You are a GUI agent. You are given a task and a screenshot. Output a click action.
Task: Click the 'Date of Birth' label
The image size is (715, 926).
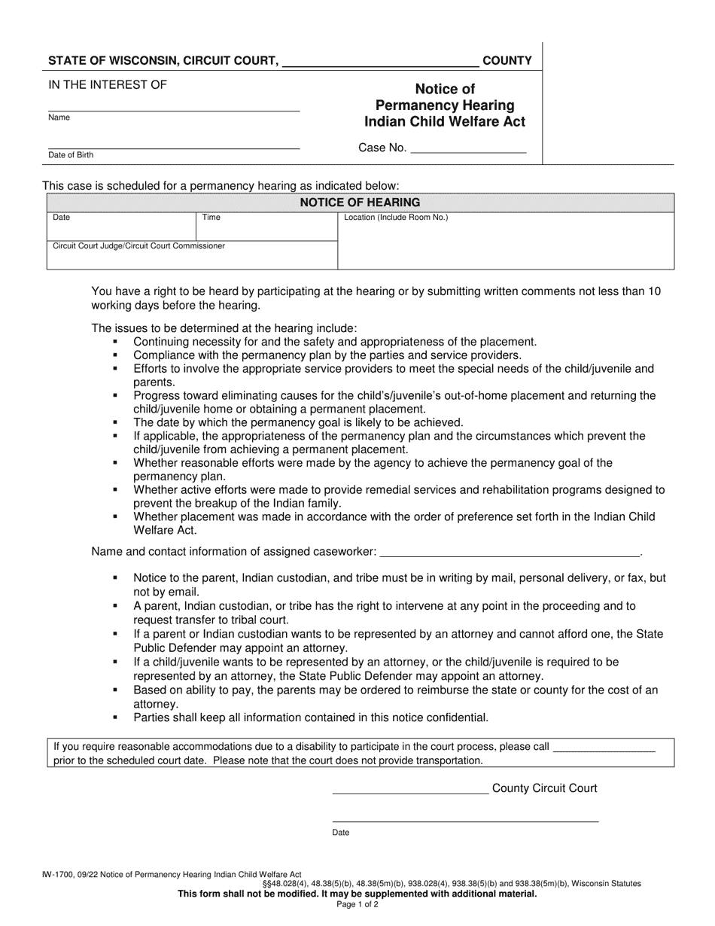pos(71,155)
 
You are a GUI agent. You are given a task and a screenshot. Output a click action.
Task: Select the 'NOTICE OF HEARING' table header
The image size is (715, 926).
pos(360,203)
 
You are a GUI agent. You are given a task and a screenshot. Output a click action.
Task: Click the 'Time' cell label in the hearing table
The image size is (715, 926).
pos(211,218)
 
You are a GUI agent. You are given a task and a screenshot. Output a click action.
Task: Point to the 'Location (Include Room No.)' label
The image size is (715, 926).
pos(396,218)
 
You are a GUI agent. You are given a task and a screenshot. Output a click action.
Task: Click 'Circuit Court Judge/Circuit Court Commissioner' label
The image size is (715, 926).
pos(138,245)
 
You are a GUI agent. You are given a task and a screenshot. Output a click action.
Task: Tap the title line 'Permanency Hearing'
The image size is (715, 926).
pos(445,105)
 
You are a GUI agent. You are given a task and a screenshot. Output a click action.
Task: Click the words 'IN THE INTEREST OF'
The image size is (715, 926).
pos(108,84)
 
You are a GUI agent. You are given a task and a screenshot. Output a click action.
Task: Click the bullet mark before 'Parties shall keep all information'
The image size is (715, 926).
pos(115,717)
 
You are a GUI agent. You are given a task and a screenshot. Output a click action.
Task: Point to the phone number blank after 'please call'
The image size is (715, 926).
pos(604,748)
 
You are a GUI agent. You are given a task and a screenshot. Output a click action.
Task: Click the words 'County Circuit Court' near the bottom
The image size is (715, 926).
pos(544,788)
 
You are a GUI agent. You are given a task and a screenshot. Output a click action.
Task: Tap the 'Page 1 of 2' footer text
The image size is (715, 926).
pos(357,905)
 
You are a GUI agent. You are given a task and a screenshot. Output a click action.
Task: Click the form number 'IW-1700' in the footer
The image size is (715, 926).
pos(57,875)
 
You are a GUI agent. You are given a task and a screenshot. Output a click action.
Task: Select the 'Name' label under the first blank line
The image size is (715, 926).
pos(59,117)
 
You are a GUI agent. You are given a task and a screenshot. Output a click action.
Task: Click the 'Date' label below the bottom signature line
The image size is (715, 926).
pos(340,833)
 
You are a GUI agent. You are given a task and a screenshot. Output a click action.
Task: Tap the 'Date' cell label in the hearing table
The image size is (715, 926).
pos(61,218)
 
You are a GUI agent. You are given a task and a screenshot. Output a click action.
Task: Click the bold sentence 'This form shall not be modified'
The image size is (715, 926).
pos(357,894)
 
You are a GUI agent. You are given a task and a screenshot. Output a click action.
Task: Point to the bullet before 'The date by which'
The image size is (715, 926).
pos(115,422)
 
